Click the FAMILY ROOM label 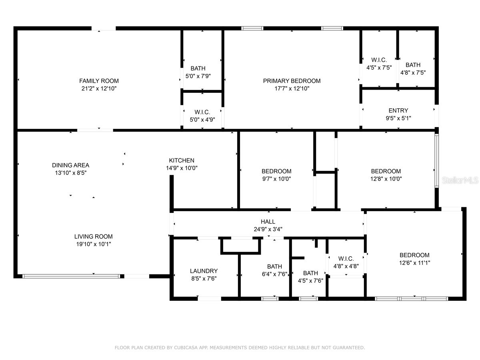(99, 81)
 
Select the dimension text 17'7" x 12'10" (292, 89)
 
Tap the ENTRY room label (398, 110)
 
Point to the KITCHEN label (182, 160)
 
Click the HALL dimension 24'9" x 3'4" (268, 229)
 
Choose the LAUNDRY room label (204, 271)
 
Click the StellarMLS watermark (460, 180)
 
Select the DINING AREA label (71, 165)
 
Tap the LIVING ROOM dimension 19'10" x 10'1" (93, 244)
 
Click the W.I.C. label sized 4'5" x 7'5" (379, 60)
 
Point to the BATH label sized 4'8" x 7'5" (413, 65)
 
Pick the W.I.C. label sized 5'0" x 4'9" (202, 112)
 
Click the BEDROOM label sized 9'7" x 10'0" (276, 171)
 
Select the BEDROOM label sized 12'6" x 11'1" (414, 255)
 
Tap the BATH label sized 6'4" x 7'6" (274, 266)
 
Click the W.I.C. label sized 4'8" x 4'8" (346, 259)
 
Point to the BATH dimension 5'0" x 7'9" (198, 76)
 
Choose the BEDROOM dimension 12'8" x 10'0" (386, 179)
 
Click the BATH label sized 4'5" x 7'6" (310, 273)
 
